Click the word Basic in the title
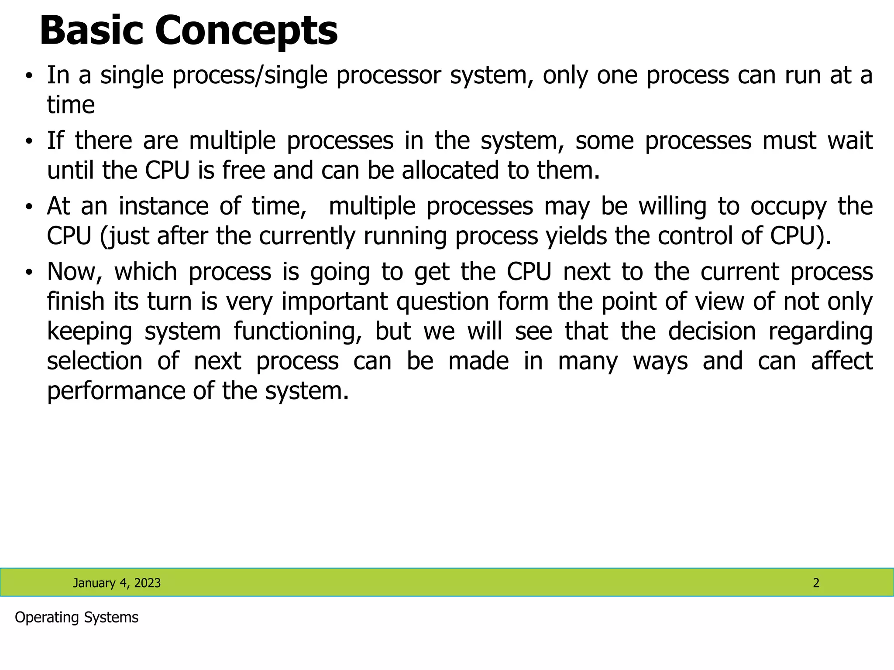91,31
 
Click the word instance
163,206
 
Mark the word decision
712,331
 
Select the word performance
116,391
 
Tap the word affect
842,361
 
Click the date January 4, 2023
117,583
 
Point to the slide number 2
816,583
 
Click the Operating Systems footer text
76,618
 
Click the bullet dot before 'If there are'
29,141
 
